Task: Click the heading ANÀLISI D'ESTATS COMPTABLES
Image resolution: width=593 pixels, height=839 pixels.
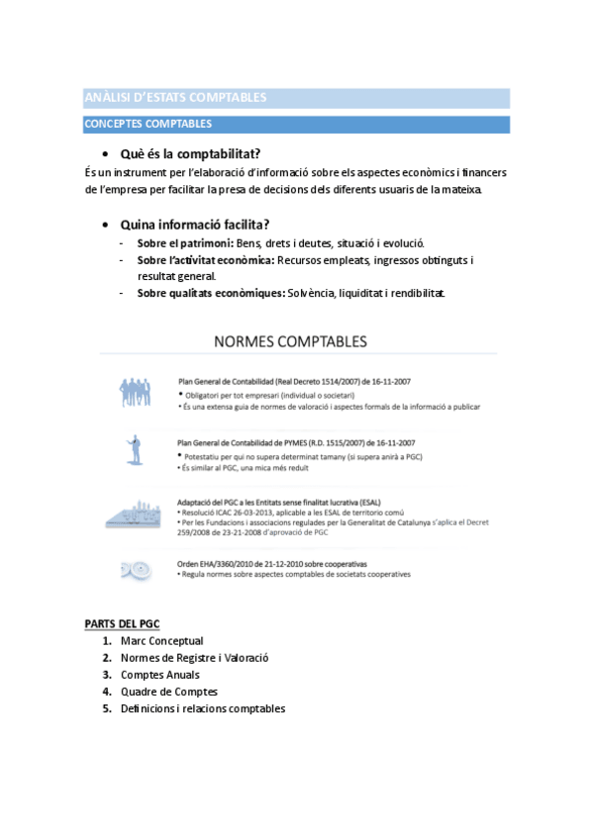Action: pyautogui.click(x=175, y=98)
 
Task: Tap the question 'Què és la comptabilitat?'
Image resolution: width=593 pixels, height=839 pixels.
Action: pyautogui.click(x=190, y=153)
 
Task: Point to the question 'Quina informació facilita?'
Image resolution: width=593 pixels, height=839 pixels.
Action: pyautogui.click(x=195, y=224)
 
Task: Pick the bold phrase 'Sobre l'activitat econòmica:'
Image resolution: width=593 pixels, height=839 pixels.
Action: pyautogui.click(x=205, y=260)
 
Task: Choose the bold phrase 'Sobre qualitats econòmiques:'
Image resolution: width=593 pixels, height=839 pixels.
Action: pyautogui.click(x=210, y=293)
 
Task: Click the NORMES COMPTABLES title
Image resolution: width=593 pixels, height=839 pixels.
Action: pyautogui.click(x=290, y=342)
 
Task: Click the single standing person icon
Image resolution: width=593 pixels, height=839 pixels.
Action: pyautogui.click(x=136, y=447)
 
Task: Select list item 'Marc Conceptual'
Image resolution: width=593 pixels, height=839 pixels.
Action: pyautogui.click(x=161, y=641)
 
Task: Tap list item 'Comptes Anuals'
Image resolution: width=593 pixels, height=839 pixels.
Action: pyautogui.click(x=162, y=675)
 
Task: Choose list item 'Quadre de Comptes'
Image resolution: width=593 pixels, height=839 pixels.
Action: pyautogui.click(x=168, y=692)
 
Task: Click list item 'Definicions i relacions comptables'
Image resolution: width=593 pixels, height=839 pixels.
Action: pyautogui.click(x=202, y=708)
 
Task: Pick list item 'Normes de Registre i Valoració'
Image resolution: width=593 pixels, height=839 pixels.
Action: pyautogui.click(x=194, y=658)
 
